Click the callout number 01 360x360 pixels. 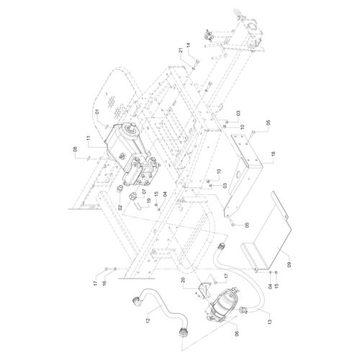tap(97, 112)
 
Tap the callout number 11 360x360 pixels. tap(89, 138)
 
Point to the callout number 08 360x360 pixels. tap(75, 150)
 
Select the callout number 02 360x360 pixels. tap(120, 207)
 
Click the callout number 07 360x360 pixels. tap(144, 192)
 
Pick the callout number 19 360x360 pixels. tap(148, 200)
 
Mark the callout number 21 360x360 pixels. tap(181, 50)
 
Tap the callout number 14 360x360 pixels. tap(189, 45)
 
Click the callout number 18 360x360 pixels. tap(273, 154)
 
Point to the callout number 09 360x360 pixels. tap(289, 265)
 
